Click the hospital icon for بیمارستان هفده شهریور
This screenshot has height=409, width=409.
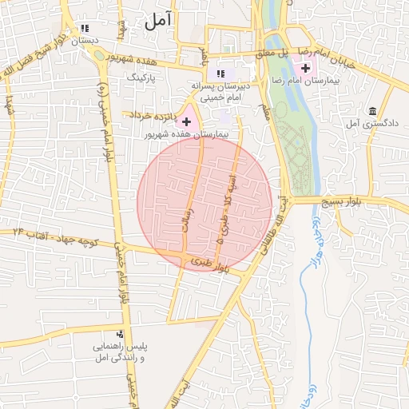pos(187,121)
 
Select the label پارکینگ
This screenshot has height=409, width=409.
pos(145,78)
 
